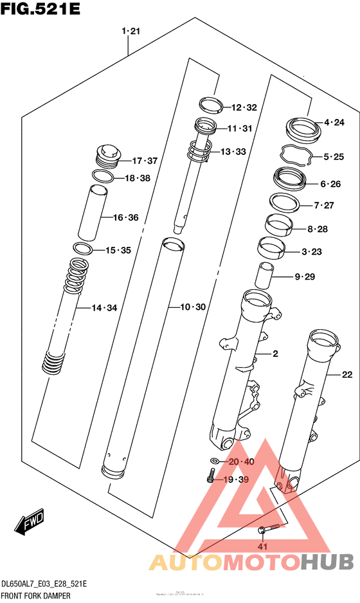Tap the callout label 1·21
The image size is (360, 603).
pos(131,31)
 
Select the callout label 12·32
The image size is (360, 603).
pos(244,107)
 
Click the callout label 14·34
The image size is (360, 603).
pos(104,308)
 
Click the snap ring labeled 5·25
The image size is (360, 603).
pos(296,156)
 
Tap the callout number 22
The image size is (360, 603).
pos(347,374)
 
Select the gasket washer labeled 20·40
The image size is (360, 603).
pos(214,461)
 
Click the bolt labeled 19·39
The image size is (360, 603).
pos(210,478)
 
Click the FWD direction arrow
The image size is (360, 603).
pos(31,525)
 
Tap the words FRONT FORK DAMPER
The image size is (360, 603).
pos(36,595)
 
